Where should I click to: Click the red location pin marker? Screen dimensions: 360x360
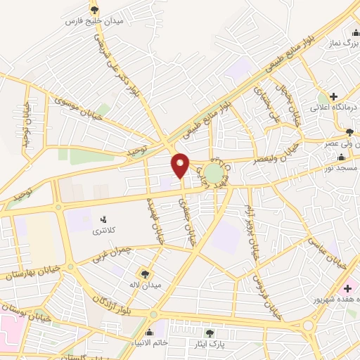[x=180, y=165]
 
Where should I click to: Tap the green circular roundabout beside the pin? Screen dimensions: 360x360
[x=213, y=172]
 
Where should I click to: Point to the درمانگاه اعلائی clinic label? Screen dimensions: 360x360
[x=335, y=107]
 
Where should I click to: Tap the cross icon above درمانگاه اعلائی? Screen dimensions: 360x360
[x=333, y=96]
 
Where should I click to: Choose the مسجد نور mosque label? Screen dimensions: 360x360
[x=340, y=169]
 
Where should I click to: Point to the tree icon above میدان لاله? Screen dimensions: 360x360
[x=146, y=273]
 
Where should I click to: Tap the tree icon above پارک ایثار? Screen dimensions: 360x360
[x=209, y=333]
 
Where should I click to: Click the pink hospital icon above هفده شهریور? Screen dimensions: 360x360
[x=347, y=287]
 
